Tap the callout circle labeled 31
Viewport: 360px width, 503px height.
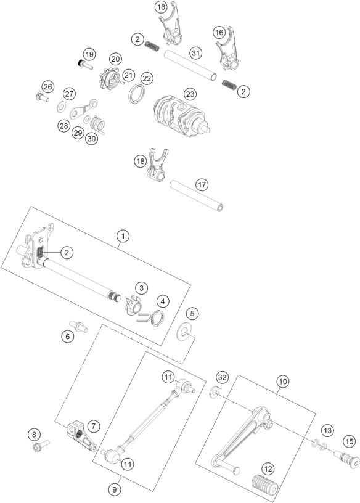[195, 53]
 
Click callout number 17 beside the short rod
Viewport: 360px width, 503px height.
[201, 185]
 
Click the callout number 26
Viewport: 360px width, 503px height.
[47, 86]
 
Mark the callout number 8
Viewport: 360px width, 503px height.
[34, 435]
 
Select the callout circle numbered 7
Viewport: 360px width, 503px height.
[93, 425]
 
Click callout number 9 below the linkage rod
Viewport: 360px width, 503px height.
[113, 489]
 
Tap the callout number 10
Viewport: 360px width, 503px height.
[282, 382]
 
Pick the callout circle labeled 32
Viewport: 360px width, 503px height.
[223, 377]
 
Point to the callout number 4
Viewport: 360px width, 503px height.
[162, 301]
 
